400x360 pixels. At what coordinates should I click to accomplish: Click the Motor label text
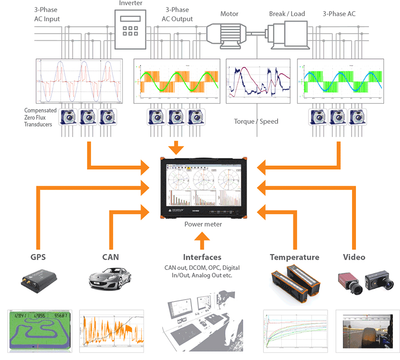point(229,14)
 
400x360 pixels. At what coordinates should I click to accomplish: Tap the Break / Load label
point(287,14)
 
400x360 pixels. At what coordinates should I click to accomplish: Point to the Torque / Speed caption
point(256,121)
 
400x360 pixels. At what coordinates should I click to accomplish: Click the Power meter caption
point(203,224)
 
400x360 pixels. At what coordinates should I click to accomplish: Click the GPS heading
point(38,257)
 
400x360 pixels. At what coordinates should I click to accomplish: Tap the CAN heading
point(111,257)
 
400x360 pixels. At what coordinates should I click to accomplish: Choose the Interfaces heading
point(202,257)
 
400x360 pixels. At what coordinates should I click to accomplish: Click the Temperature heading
point(294,257)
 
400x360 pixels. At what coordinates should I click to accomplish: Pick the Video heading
point(354,257)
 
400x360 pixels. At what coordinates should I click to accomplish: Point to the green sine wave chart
point(177,81)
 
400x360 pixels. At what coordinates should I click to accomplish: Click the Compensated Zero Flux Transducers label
point(40,117)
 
